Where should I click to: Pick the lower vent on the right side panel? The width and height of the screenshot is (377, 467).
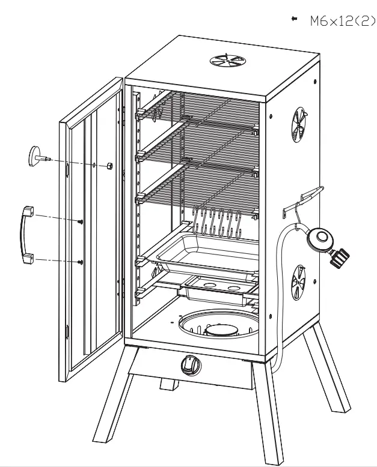pos(298,282)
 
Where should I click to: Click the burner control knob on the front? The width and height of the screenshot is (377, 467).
pos(190,364)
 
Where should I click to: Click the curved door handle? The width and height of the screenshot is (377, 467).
pos(26,233)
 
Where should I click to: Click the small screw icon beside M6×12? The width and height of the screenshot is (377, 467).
pos(294,20)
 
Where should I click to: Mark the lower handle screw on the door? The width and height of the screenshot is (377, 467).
pos(80,262)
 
